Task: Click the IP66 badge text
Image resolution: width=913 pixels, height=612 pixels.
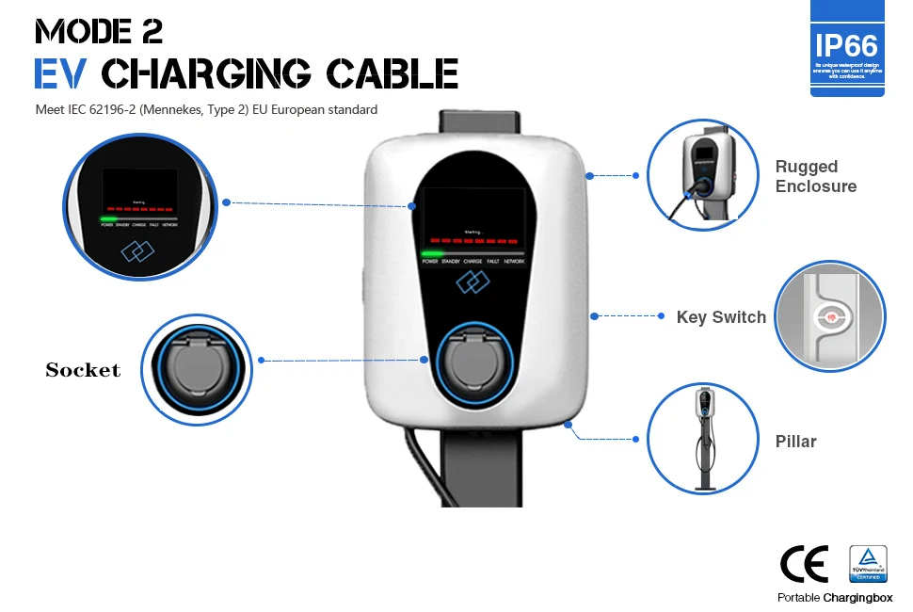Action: [x=847, y=45]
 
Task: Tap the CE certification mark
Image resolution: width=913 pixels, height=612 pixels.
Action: [x=805, y=564]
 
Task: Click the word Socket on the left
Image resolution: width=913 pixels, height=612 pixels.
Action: [x=84, y=370]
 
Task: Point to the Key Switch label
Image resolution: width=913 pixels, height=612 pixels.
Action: [x=721, y=317]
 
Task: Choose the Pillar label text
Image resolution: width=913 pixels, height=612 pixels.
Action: [x=795, y=442]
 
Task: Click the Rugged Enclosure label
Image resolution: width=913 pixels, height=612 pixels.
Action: [x=816, y=176]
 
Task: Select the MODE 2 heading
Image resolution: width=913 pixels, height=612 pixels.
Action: [x=99, y=31]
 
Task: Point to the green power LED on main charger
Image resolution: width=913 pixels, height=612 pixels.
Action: [x=433, y=254]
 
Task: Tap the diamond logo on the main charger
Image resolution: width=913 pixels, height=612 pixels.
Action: [x=473, y=282]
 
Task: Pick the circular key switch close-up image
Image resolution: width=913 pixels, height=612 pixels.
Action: [x=830, y=317]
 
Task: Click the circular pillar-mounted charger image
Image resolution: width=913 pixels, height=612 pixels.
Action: [x=702, y=438]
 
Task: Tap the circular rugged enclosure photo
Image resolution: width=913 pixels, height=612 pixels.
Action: [x=702, y=175]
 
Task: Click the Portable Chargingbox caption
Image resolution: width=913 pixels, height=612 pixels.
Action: [x=835, y=598]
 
